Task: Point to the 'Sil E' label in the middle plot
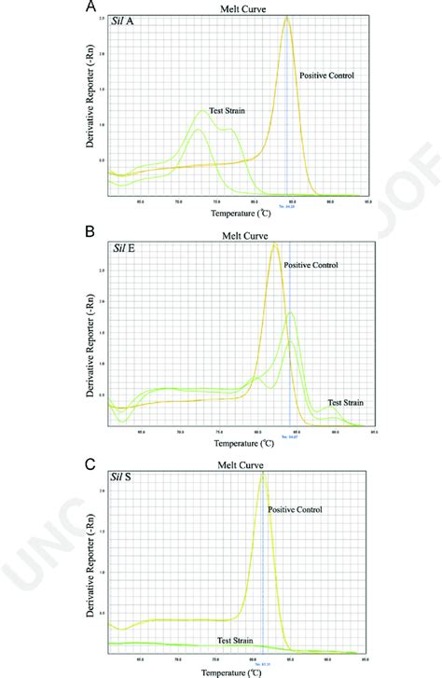tap(124, 247)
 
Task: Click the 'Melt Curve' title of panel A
tap(240, 7)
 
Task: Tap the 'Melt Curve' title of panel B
tap(240, 236)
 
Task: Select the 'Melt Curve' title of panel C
tap(240, 465)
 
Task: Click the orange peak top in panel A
tap(286, 17)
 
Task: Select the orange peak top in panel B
tap(274, 244)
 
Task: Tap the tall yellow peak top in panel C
tap(264, 475)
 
